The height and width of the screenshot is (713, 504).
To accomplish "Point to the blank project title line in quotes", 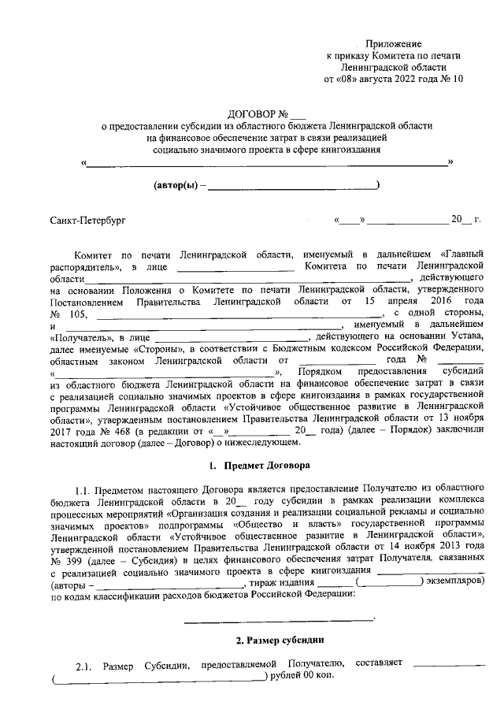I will (267, 164).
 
